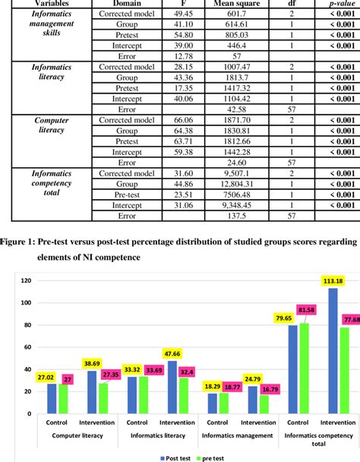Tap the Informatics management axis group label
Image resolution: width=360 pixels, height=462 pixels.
pos(237,435)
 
